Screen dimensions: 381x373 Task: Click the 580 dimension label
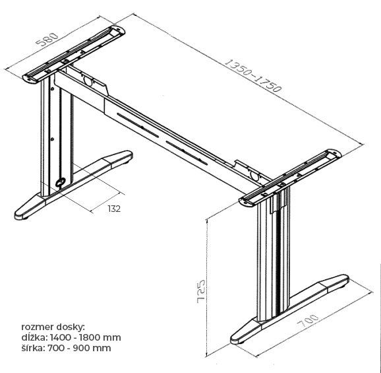[47, 40]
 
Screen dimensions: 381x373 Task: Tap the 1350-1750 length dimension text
[253, 75]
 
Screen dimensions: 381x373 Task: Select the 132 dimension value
[114, 209]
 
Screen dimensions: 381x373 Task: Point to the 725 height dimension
[201, 292]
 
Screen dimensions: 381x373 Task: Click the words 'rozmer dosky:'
[53, 327]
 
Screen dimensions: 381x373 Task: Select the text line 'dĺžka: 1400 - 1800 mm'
[71, 337]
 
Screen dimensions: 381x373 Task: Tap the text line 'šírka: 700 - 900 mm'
[66, 348]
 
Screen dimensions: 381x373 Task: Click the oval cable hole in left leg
[60, 182]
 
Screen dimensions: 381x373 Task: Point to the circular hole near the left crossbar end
[88, 81]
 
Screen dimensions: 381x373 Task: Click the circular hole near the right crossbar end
[254, 175]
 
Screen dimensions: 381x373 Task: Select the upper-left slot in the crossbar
[138, 125]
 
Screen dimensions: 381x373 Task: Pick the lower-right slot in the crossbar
[187, 153]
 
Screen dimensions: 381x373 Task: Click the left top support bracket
[74, 55]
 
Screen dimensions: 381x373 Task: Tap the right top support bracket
[290, 178]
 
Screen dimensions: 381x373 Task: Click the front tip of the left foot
[18, 216]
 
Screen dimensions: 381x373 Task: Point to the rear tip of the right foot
[345, 279]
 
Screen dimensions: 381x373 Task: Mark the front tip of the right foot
[235, 340]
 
